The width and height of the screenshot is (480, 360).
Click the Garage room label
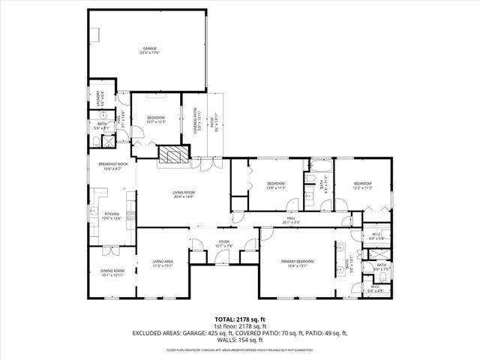click(x=150, y=50)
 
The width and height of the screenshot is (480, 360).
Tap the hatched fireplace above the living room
click(x=174, y=154)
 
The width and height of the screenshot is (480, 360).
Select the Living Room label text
click(x=183, y=194)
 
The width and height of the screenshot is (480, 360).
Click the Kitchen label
click(x=111, y=216)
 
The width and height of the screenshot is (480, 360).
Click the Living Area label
click(x=163, y=262)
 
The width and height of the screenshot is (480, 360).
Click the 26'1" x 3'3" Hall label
click(x=291, y=220)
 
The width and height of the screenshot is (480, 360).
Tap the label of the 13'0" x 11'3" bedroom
click(x=277, y=186)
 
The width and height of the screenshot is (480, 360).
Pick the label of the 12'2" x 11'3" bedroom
click(x=362, y=185)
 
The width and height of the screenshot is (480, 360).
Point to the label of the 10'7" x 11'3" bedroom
click(x=156, y=120)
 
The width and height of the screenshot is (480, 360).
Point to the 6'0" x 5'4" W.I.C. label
click(x=377, y=236)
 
